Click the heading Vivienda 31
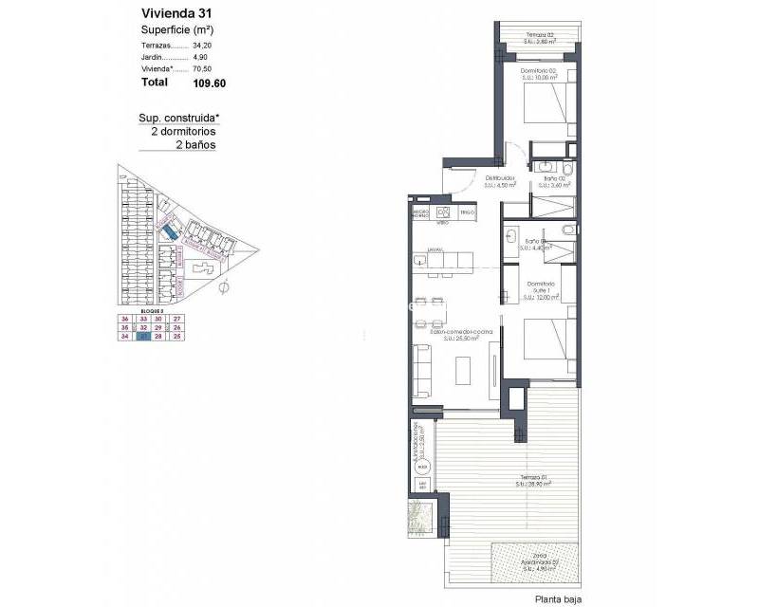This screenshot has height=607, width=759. click(x=176, y=14)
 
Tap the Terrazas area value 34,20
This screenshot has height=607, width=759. click(x=204, y=45)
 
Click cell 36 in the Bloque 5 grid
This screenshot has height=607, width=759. click(x=124, y=319)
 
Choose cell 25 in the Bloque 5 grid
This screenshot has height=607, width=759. click(x=176, y=336)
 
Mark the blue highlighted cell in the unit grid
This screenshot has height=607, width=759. click(x=142, y=336)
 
